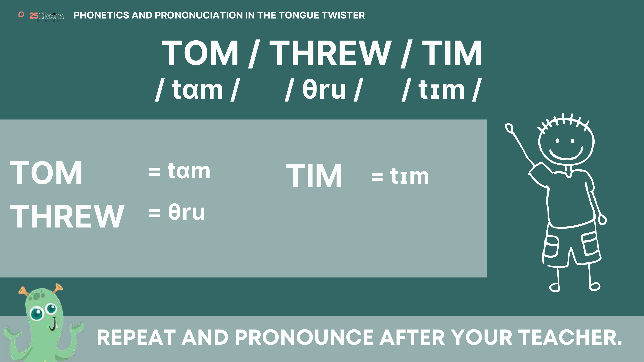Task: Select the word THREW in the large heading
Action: point(330,53)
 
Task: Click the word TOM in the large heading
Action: point(200,53)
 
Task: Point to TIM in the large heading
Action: point(452,53)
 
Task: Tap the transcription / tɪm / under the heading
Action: point(441,89)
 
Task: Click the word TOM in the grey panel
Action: point(46,173)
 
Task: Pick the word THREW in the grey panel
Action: point(67,216)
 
